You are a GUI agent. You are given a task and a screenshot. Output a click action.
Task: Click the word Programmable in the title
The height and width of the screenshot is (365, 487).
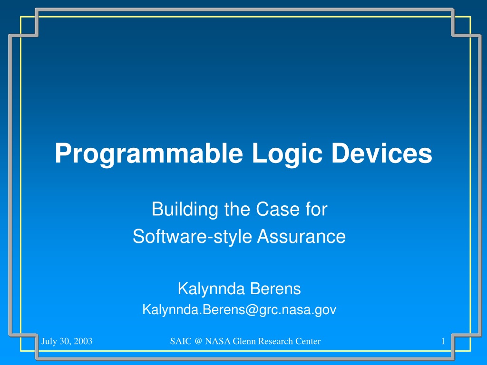(149, 154)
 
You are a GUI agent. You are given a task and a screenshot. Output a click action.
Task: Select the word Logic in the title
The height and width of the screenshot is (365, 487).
(287, 154)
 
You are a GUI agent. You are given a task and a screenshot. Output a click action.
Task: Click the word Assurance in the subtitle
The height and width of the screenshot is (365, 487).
(301, 237)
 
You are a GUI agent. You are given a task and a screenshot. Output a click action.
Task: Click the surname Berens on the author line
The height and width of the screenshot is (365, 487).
(275, 288)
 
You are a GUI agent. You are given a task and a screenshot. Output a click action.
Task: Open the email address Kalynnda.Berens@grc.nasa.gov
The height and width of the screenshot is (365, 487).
(239, 310)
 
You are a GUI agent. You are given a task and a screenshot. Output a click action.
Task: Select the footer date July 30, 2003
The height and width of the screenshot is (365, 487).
(67, 341)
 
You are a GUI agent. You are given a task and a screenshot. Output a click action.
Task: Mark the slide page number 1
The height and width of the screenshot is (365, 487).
(443, 341)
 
